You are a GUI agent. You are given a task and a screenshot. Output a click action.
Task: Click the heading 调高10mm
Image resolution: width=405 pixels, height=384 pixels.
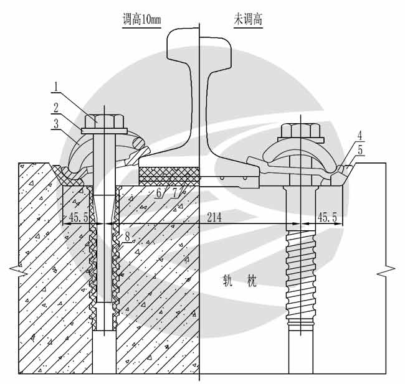[141, 20]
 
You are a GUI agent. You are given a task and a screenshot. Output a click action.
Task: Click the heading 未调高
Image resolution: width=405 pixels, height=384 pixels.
[248, 20]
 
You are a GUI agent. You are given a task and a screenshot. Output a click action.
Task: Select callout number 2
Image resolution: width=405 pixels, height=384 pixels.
[56, 107]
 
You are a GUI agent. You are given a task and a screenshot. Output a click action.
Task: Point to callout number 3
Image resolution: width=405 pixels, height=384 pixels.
[55, 124]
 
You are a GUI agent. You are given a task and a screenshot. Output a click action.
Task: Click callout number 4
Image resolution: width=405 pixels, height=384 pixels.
[360, 136]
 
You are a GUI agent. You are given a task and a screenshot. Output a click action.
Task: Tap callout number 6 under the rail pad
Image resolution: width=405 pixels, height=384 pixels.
[158, 192]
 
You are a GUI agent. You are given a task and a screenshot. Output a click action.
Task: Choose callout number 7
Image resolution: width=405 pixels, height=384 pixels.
[175, 192]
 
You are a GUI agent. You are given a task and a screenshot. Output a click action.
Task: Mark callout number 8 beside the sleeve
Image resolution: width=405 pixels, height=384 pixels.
[127, 236]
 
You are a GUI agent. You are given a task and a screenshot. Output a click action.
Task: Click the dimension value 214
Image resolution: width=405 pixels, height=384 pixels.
[214, 217]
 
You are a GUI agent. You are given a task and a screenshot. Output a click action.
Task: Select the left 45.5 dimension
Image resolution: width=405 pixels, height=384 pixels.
[79, 217]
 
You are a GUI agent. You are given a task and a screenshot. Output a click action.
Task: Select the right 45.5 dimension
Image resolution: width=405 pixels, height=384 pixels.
[327, 217]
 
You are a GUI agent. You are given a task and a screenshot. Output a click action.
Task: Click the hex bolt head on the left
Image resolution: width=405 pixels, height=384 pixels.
[104, 121]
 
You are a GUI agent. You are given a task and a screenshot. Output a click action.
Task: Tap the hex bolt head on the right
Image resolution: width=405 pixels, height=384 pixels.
[301, 131]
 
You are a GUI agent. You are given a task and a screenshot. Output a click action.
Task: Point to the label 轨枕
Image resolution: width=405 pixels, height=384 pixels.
[240, 281]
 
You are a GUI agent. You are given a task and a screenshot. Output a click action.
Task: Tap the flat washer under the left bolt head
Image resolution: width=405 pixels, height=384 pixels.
[104, 131]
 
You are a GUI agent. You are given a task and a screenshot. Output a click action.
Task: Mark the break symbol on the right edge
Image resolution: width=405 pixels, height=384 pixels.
[386, 271]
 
